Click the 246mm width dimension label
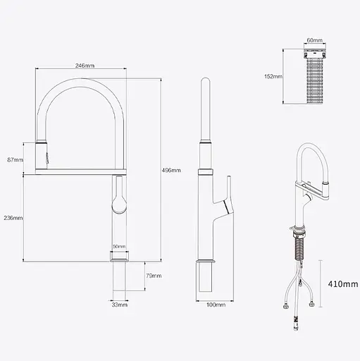click(x=84, y=66)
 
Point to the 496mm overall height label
click(x=171, y=170)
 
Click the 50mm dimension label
click(x=118, y=247)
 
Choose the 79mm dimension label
click(x=154, y=275)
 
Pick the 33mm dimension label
click(x=119, y=305)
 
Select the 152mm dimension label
click(x=273, y=76)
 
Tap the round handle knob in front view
click(x=118, y=204)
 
